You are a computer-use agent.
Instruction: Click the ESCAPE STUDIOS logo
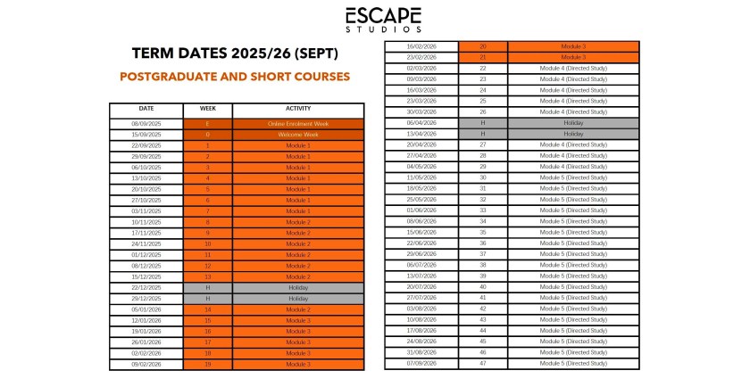[384, 19]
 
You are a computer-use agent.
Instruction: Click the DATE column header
[146, 109]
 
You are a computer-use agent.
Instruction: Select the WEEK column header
[207, 109]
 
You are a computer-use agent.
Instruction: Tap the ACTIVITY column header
[298, 109]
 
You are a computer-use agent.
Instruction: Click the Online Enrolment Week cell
[298, 123]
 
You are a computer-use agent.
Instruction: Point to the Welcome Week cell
[298, 135]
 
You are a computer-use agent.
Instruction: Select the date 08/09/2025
[146, 123]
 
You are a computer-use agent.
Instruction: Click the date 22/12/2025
[146, 288]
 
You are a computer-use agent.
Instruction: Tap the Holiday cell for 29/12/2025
[298, 299]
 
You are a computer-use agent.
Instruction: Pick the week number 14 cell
[207, 309]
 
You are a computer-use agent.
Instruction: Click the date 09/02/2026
[146, 364]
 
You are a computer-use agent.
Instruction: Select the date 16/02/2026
[421, 46]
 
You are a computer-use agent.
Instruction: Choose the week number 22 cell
[483, 68]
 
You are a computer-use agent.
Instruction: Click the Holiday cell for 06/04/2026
[573, 123]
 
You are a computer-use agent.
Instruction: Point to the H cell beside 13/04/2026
[483, 134]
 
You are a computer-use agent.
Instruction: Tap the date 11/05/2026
[421, 177]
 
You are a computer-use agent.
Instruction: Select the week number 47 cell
[483, 364]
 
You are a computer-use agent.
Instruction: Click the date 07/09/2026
[421, 364]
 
